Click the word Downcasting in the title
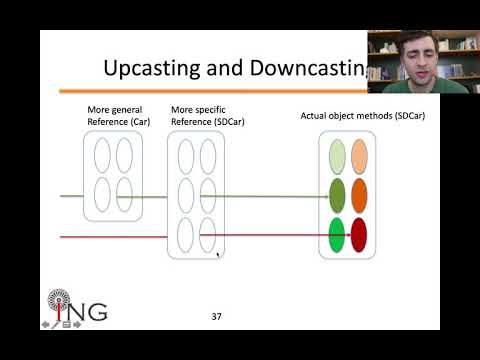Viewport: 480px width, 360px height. pos(304,69)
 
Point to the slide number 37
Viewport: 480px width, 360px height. pos(216,316)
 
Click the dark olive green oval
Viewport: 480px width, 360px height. pos(338,194)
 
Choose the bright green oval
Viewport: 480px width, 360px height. pos(338,235)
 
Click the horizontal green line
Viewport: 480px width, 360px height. pos(250,198)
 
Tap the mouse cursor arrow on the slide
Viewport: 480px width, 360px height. pos(218,254)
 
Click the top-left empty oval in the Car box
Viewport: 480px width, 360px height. pos(102,155)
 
